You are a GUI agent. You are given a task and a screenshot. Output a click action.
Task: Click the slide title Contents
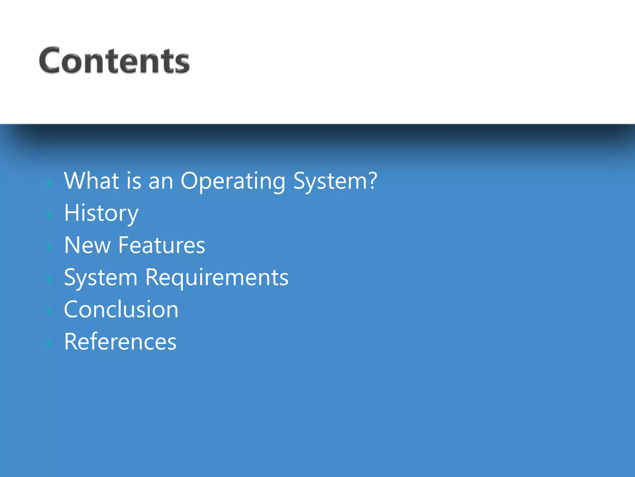114,61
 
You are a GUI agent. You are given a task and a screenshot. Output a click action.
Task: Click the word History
101,214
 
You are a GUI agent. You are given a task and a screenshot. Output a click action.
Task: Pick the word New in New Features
87,245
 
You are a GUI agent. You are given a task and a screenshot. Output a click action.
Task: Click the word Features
162,245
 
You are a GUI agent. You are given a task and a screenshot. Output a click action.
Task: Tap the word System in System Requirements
100,278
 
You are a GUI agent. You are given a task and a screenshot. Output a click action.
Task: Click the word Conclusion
121,310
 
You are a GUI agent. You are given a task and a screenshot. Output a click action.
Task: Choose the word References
120,342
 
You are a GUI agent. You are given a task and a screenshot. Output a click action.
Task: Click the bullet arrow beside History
50,215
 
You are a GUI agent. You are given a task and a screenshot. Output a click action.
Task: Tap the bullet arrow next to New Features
50,247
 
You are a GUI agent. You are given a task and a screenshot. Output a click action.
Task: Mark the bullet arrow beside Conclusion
50,311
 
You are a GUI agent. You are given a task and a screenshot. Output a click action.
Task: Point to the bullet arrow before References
50,343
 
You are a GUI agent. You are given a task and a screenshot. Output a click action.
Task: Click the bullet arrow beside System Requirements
50,279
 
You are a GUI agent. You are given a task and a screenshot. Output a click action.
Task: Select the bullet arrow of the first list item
50,183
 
